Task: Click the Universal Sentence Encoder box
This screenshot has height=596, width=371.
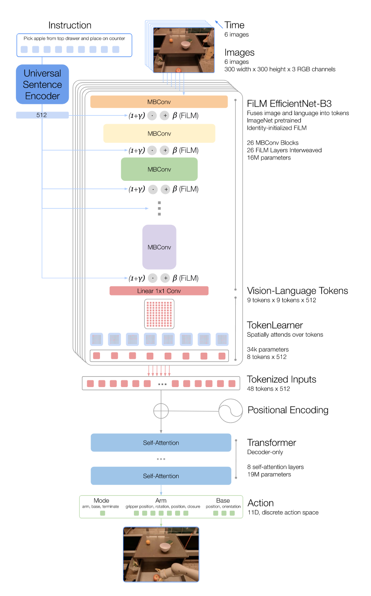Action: pyautogui.click(x=42, y=84)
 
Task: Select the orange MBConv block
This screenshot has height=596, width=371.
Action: pyautogui.click(x=159, y=102)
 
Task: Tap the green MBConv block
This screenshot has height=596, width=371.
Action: pyautogui.click(x=159, y=170)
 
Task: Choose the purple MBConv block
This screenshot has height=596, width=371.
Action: pyautogui.click(x=159, y=247)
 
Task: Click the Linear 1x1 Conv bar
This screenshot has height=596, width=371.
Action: pyautogui.click(x=159, y=291)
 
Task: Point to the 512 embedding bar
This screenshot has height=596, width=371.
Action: pyautogui.click(x=42, y=115)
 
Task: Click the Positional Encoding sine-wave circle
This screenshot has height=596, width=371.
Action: pyautogui.click(x=231, y=411)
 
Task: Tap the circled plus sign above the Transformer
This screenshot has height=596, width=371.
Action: pyautogui.click(x=161, y=411)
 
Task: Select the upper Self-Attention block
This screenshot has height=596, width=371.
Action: pyautogui.click(x=161, y=443)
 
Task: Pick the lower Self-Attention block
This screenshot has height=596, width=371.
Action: pyautogui.click(x=161, y=476)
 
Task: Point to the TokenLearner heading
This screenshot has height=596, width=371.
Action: pyautogui.click(x=275, y=325)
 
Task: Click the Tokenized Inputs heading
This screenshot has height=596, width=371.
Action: pyautogui.click(x=281, y=379)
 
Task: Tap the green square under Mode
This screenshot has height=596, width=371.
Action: pyautogui.click(x=102, y=513)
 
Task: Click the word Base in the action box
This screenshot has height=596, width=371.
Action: pyautogui.click(x=223, y=500)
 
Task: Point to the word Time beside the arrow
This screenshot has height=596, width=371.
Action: pyautogui.click(x=234, y=25)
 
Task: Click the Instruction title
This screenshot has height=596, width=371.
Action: pyautogui.click(x=70, y=25)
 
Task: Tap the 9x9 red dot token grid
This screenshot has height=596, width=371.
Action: pyautogui.click(x=159, y=314)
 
